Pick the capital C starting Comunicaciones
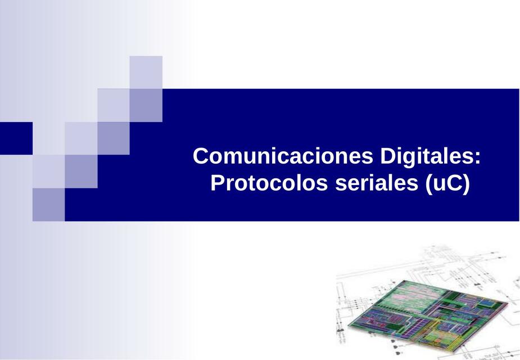[x=200, y=156]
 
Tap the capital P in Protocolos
[x=216, y=183]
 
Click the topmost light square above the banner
[x=146, y=72]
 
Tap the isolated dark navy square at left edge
[x=16, y=138]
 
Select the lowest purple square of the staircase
[x=48, y=204]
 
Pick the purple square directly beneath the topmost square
[x=146, y=105]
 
